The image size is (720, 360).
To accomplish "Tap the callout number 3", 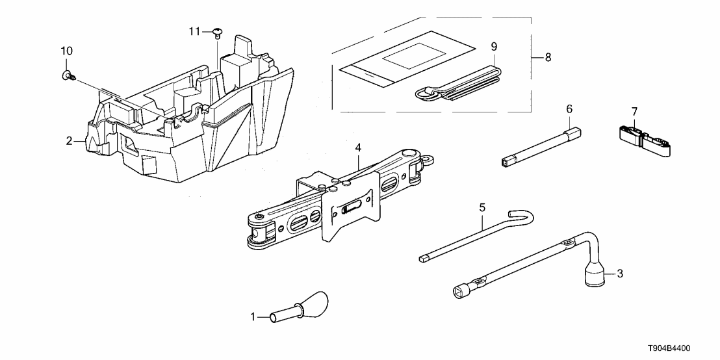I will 619,274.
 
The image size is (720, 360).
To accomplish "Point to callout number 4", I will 357,148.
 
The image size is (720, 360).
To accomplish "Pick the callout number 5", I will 482,207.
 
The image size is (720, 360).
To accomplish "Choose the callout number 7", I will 635,111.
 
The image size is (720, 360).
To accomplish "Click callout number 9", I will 494,46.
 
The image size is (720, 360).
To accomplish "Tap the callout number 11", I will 193,31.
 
